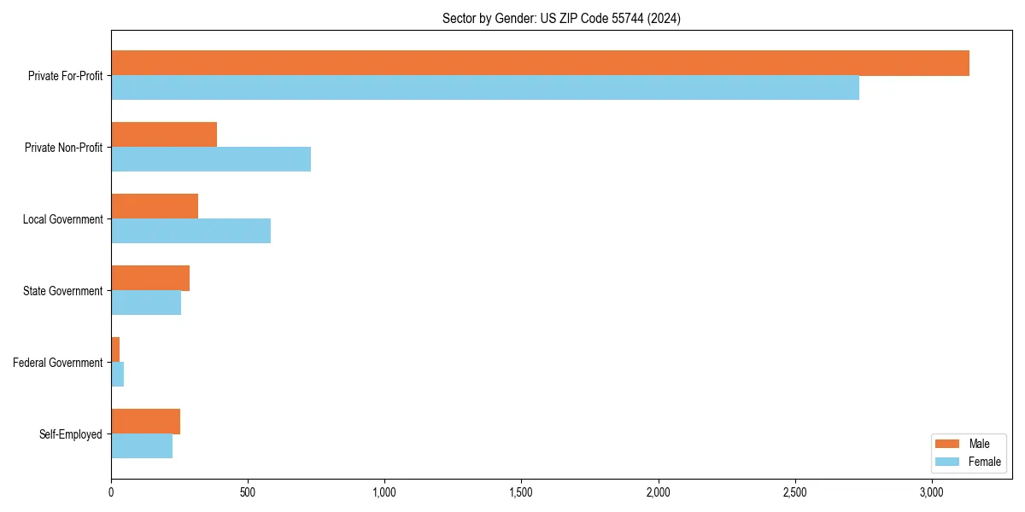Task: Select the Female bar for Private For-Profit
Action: (x=485, y=88)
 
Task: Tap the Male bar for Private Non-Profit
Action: (x=164, y=135)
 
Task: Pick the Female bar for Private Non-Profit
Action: (x=211, y=160)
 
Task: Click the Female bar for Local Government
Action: (x=190, y=231)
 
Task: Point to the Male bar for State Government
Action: (x=150, y=278)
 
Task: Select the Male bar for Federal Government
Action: (x=115, y=350)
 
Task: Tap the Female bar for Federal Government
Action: (x=118, y=375)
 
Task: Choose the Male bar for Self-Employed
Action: (x=145, y=422)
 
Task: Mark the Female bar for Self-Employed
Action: (x=142, y=446)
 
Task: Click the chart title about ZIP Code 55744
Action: (x=561, y=18)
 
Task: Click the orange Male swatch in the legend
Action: (x=948, y=444)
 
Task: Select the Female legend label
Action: (x=984, y=462)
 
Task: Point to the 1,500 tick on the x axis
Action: (x=521, y=492)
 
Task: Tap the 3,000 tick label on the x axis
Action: (x=932, y=492)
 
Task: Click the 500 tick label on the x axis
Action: (x=248, y=492)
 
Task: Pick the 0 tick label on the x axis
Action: (x=111, y=492)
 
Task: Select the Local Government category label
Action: (x=62, y=219)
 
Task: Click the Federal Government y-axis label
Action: (x=57, y=363)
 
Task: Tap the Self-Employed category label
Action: (x=70, y=434)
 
